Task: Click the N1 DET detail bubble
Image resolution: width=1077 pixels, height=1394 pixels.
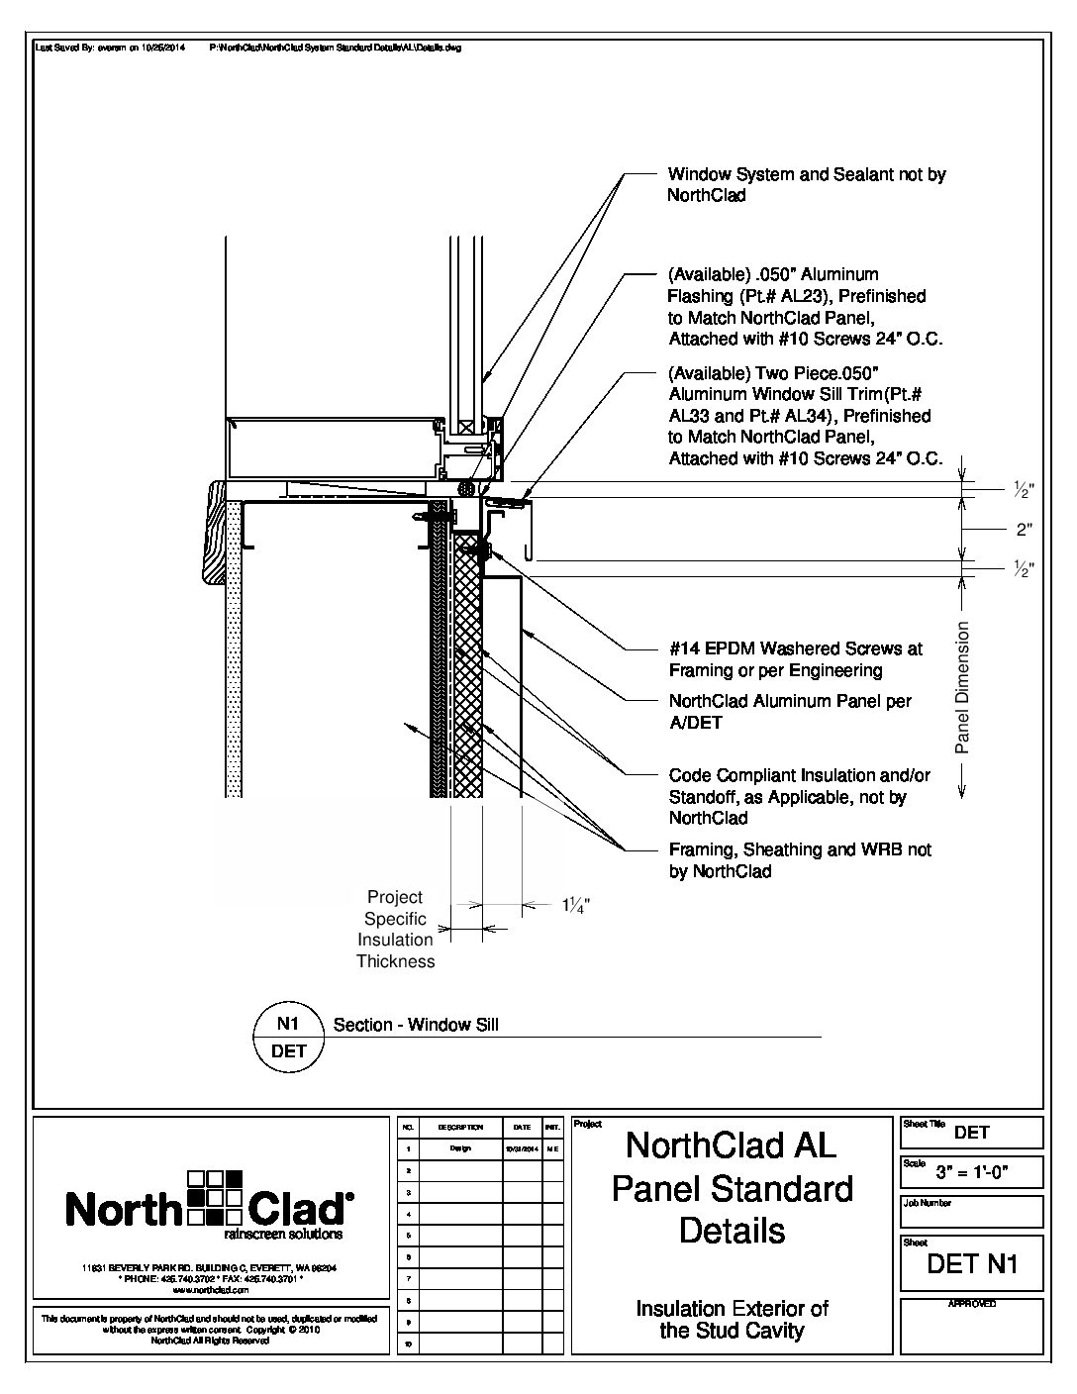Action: (289, 1037)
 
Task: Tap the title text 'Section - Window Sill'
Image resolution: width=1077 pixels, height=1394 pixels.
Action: (416, 1025)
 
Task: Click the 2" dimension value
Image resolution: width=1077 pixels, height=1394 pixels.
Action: (1025, 530)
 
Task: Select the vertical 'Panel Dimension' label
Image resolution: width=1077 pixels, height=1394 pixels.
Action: (963, 687)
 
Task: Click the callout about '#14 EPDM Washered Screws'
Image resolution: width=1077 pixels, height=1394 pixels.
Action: (796, 659)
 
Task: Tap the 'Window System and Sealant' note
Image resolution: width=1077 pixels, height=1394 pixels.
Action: (806, 185)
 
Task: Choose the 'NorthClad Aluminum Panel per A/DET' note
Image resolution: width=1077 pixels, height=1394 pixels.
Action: (790, 712)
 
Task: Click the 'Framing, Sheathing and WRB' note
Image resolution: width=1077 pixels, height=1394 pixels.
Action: (800, 860)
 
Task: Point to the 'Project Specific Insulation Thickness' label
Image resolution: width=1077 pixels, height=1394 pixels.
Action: (395, 929)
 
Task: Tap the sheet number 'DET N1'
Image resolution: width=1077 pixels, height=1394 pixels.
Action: (972, 1263)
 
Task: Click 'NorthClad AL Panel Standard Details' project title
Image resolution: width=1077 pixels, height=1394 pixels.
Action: (732, 1188)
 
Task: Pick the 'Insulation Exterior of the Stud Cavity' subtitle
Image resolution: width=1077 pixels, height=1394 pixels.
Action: (732, 1319)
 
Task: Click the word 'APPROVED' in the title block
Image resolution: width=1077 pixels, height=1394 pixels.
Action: (972, 1304)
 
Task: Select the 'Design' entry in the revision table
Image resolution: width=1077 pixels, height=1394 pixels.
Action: (460, 1148)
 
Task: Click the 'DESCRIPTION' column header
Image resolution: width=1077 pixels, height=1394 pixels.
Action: (460, 1127)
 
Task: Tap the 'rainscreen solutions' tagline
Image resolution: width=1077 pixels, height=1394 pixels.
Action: (284, 1235)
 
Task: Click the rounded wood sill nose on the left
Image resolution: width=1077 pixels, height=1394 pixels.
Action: (217, 533)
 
